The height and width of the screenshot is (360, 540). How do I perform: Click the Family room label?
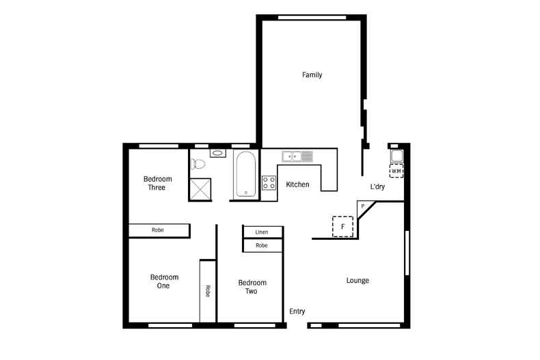click(x=312, y=75)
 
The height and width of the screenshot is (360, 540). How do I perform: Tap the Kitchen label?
click(x=297, y=184)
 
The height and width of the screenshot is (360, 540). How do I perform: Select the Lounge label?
click(x=357, y=281)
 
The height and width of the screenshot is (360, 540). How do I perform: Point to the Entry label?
click(x=297, y=311)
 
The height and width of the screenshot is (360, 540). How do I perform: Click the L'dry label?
click(x=377, y=187)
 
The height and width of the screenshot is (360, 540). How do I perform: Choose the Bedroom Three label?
click(x=157, y=183)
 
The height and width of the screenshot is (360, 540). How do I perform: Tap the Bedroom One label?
click(x=164, y=281)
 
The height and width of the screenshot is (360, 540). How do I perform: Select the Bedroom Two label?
click(x=252, y=287)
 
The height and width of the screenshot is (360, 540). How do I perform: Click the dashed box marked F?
click(x=342, y=226)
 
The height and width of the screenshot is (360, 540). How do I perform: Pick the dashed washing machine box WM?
click(x=396, y=171)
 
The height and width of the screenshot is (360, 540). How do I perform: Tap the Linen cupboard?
click(x=262, y=232)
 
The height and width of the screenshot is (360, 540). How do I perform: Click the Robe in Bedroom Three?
click(x=159, y=231)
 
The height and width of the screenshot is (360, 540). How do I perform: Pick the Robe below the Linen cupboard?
click(x=262, y=245)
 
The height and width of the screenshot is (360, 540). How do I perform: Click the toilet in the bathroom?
click(x=199, y=164)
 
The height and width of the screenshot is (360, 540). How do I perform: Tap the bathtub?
click(x=246, y=175)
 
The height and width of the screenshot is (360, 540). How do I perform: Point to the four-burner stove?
click(x=269, y=183)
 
